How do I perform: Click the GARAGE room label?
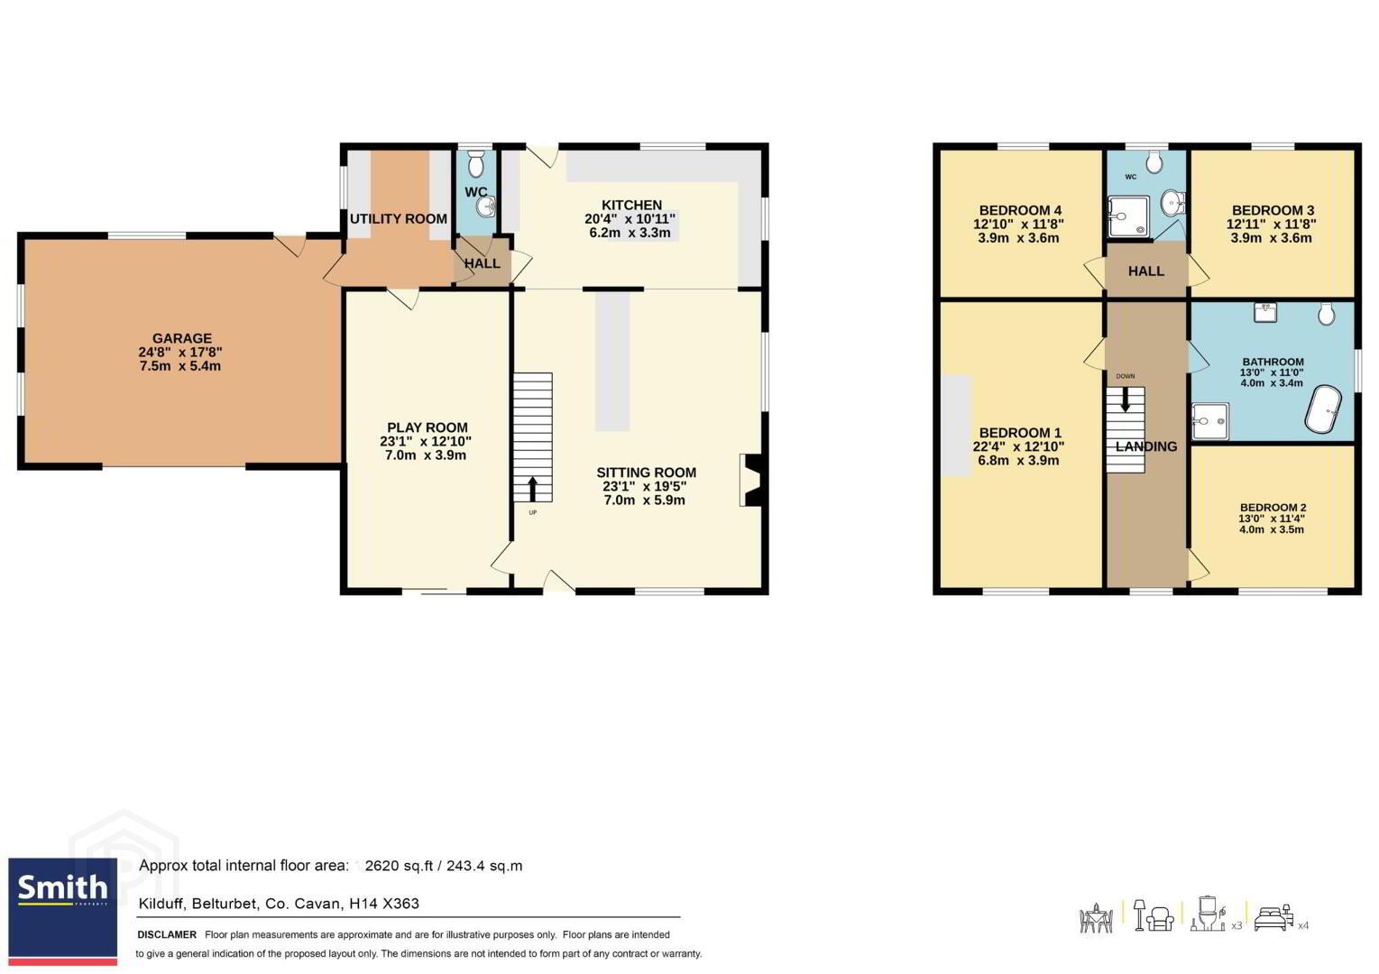[181, 338]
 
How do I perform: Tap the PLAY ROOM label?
[427, 427]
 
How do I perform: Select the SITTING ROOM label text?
[646, 473]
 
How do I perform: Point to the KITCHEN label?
[631, 205]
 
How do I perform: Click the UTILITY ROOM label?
[399, 218]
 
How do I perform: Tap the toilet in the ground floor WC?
[476, 164]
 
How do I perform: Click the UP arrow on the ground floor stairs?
[532, 489]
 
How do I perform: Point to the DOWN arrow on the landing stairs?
[1125, 400]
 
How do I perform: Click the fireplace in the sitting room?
[751, 480]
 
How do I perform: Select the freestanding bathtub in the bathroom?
[1322, 409]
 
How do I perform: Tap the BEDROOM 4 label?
[1020, 210]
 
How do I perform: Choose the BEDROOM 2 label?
[1273, 508]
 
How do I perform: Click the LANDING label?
[1145, 446]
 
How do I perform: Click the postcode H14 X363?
[384, 903]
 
